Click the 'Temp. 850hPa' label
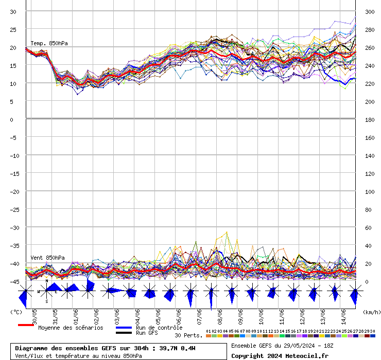point(49,44)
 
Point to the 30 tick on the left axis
point(13,11)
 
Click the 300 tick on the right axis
point(370,11)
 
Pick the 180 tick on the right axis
point(370,119)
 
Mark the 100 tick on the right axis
point(370,191)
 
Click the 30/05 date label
point(34,315)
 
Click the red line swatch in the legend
point(26,325)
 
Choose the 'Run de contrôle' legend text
point(159,328)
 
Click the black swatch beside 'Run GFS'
point(124,333)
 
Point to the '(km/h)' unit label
point(371,312)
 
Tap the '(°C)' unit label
point(16,312)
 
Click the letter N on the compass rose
point(46,281)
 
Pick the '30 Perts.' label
point(188,335)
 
